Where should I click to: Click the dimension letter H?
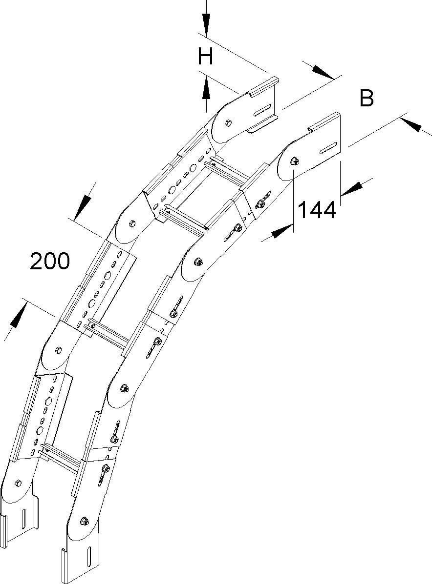[x=206, y=57]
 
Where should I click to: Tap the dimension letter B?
[x=367, y=98]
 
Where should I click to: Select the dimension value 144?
[x=317, y=210]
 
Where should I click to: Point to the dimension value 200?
[x=50, y=262]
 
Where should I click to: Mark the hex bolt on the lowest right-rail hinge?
[x=84, y=521]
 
